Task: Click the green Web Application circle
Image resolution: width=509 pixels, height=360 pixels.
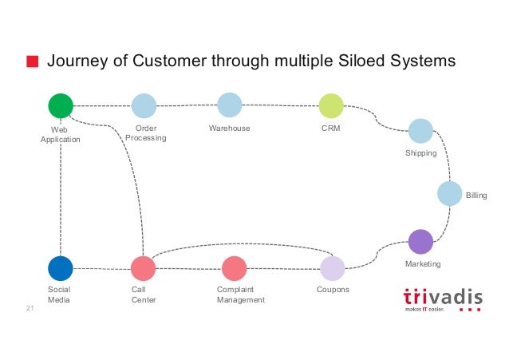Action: (x=61, y=105)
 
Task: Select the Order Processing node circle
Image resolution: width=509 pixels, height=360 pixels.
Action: (x=144, y=105)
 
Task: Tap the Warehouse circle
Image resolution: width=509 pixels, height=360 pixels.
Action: (x=229, y=105)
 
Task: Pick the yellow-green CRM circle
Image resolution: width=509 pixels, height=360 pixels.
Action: (x=331, y=105)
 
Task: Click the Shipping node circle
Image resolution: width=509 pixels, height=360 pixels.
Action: (x=420, y=131)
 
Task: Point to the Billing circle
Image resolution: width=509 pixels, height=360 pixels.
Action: (x=450, y=194)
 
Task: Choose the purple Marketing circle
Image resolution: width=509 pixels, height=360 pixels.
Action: (x=420, y=241)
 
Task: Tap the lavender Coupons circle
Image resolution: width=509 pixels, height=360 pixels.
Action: (x=332, y=268)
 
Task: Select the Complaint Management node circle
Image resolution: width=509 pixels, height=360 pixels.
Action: (x=234, y=268)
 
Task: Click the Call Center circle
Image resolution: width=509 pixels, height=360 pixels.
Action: (x=143, y=268)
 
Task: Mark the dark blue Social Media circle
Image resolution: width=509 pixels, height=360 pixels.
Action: (x=61, y=268)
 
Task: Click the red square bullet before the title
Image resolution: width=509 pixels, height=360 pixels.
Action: (x=33, y=61)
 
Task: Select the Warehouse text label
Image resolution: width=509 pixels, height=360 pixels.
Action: (x=229, y=129)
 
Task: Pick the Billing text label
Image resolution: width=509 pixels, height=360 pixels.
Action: (x=476, y=195)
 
